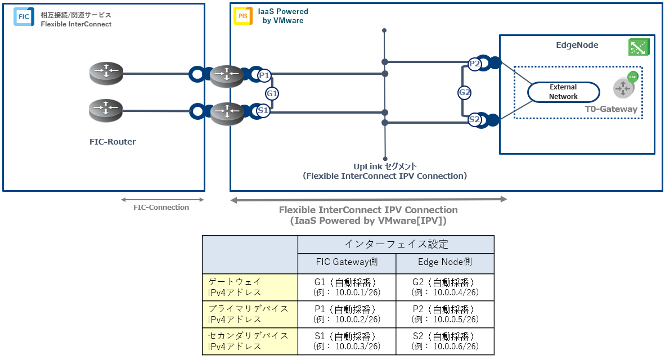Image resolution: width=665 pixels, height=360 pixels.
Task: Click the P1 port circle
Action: tap(264, 75)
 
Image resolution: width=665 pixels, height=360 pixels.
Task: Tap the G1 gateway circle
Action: tap(272, 93)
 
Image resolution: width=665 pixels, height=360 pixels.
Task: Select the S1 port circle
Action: tap(263, 111)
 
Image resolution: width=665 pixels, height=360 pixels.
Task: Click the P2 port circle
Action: tap(475, 64)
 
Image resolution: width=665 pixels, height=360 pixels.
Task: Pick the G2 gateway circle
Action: tap(465, 92)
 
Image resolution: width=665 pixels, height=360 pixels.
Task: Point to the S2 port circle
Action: tap(475, 119)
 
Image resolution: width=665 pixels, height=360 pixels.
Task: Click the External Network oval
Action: tap(563, 92)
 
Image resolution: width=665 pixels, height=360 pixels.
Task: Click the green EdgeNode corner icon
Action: tap(639, 47)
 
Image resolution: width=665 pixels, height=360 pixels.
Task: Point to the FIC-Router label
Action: tap(113, 142)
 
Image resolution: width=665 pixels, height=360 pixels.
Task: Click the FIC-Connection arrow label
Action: tap(161, 207)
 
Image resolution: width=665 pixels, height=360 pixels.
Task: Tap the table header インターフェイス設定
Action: tap(396, 244)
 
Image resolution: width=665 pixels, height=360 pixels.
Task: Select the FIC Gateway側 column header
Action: tap(347, 263)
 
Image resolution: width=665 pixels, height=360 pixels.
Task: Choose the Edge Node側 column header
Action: tap(445, 263)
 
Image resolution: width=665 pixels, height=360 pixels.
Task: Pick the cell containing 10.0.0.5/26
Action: tap(445, 314)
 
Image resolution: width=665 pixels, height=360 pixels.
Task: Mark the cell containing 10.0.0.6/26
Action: tap(445, 341)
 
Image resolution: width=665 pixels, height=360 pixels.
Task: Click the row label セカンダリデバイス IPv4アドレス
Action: tap(249, 341)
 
